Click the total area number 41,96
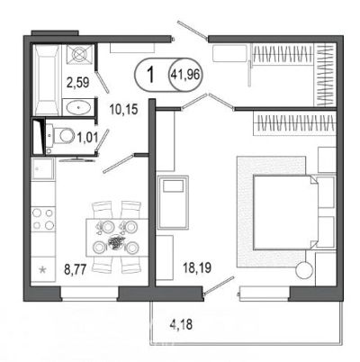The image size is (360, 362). click(185, 75)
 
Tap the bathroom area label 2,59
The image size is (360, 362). click(78, 82)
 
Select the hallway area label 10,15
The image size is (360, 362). click(123, 110)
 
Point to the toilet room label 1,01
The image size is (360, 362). click(87, 138)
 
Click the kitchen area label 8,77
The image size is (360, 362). click(76, 269)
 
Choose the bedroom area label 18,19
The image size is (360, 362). click(197, 267)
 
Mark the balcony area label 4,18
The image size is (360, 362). click(181, 324)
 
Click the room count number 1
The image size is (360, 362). click(151, 75)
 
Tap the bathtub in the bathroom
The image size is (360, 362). click(47, 79)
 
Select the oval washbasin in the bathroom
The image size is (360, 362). click(78, 107)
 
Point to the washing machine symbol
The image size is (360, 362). click(79, 54)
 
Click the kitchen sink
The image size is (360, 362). click(43, 168)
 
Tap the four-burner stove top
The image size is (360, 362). click(43, 219)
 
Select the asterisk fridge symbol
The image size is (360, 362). click(43, 269)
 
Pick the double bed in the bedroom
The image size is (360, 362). click(285, 213)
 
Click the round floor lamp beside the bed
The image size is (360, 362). click(304, 269)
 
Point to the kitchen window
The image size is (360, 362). click(90, 294)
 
